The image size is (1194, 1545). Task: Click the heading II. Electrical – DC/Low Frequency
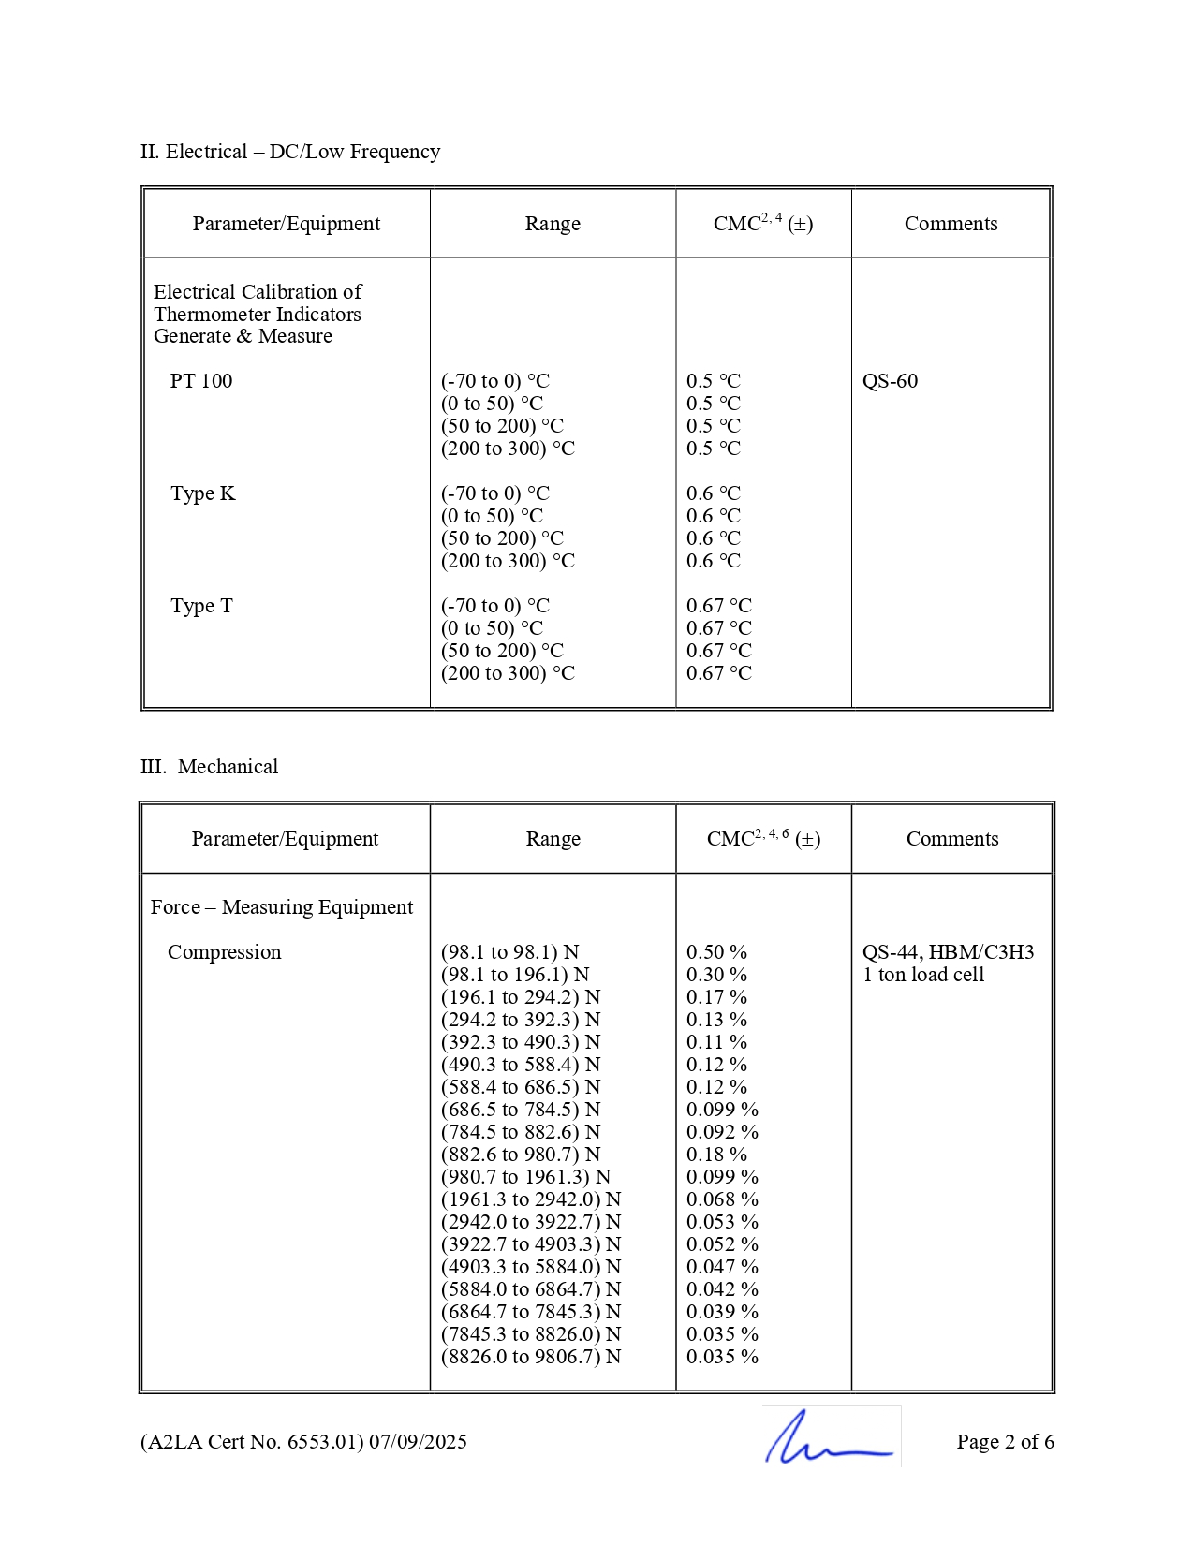point(290,152)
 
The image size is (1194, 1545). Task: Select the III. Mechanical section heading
point(209,767)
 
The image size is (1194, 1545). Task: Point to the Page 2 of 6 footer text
point(1005,1442)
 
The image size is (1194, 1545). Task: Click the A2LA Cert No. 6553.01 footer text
point(303,1442)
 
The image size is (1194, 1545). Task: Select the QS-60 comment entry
point(890,381)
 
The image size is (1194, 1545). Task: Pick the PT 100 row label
point(201,381)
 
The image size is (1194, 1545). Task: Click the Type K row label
point(202,493)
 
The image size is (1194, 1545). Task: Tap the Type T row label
point(201,606)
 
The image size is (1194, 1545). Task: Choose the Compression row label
point(224,952)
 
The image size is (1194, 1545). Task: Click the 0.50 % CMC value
point(716,952)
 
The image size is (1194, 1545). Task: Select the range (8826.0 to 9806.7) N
point(531,1357)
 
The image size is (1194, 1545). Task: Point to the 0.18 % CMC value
point(716,1155)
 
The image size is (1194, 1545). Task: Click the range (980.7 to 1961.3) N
point(525,1177)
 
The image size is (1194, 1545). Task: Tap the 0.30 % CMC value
point(716,975)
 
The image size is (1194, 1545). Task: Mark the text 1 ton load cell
point(923,975)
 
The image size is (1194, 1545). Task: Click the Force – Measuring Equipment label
point(282,907)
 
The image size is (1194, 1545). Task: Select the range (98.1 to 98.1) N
point(510,952)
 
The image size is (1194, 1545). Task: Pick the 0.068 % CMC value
point(722,1199)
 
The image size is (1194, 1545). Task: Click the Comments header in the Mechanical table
point(952,839)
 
